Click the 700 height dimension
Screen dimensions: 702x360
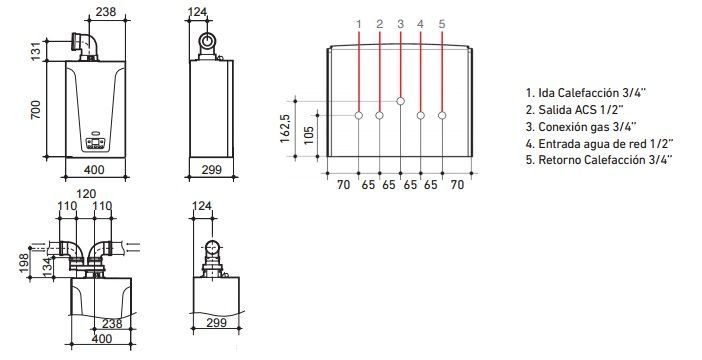[x=35, y=110]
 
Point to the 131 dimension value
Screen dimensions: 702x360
[x=35, y=51]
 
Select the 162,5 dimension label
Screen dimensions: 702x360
[x=286, y=129]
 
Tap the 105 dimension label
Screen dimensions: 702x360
[x=309, y=136]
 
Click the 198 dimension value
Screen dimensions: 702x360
[x=24, y=263]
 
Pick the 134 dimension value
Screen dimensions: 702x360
[x=47, y=266]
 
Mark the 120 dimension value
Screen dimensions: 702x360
[x=86, y=194]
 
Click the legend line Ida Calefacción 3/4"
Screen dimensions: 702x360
[x=586, y=93]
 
